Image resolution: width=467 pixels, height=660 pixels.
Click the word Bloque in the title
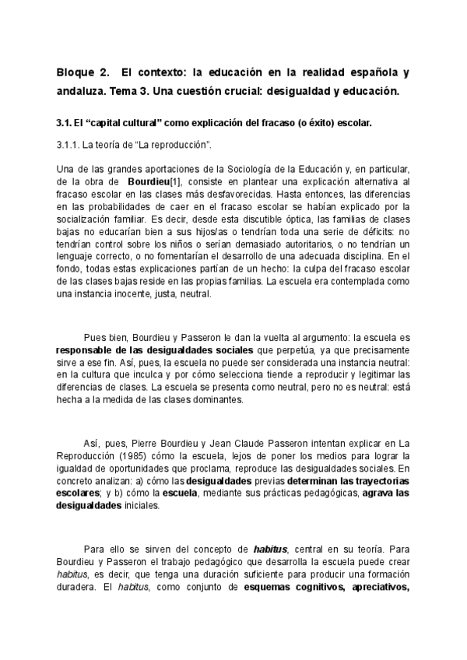[x=75, y=73]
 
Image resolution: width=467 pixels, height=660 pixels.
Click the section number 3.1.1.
[x=71, y=146]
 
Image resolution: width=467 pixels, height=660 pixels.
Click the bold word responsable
[x=90, y=350]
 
